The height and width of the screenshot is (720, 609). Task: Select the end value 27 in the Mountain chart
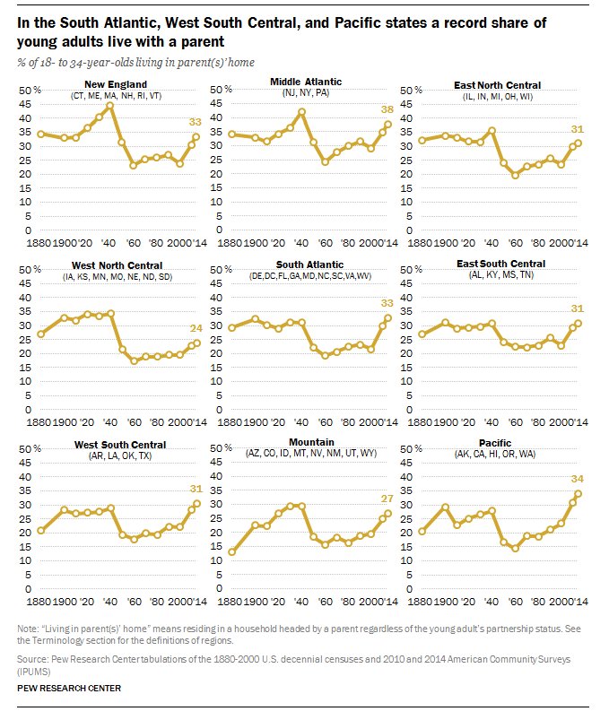(x=387, y=498)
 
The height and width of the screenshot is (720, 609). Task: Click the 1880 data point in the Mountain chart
(x=233, y=552)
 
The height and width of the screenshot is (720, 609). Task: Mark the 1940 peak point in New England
(x=109, y=106)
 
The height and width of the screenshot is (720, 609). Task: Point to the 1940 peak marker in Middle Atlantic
(x=301, y=112)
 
